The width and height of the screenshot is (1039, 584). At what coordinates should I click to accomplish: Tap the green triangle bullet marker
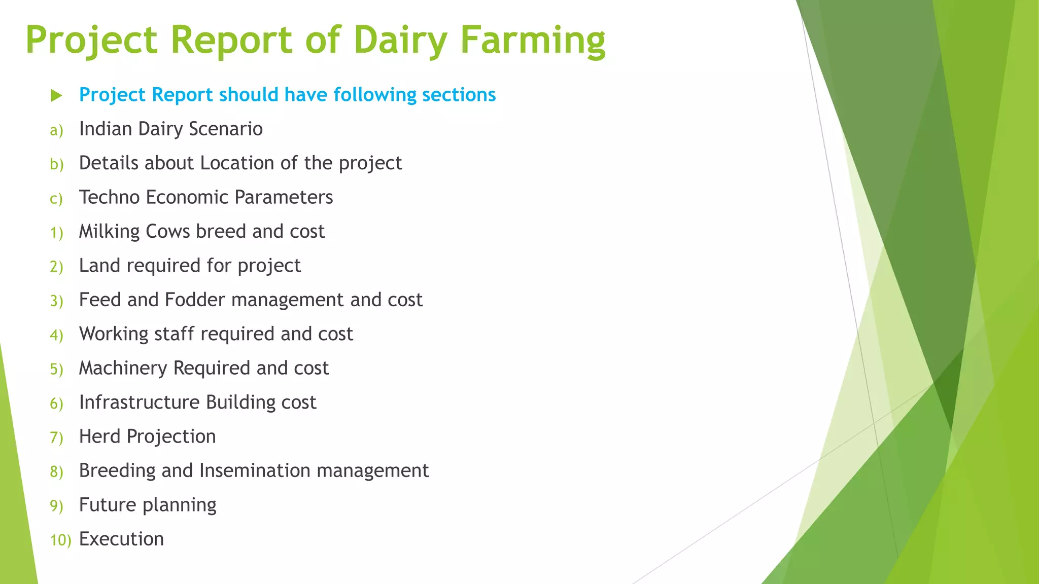click(x=56, y=95)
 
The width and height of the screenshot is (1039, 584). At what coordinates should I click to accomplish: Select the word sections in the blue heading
click(x=459, y=95)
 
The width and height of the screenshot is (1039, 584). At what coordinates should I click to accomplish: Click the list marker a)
click(x=56, y=130)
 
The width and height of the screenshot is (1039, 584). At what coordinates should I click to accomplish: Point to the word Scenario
click(x=225, y=129)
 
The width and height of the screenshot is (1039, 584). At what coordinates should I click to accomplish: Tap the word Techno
click(x=109, y=197)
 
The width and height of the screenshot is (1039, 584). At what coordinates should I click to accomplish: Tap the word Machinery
click(x=123, y=369)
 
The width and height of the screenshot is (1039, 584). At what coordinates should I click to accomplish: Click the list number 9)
click(x=56, y=506)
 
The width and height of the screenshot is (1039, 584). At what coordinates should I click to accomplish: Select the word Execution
click(x=121, y=539)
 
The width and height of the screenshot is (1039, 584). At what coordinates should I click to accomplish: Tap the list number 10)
click(x=60, y=540)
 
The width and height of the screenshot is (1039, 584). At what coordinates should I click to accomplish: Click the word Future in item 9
click(x=108, y=505)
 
